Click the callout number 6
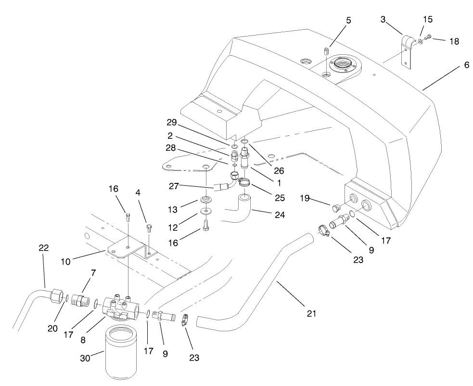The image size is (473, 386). tap(466, 65)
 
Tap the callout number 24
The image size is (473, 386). tap(280, 215)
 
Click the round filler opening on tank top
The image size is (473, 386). tap(342, 64)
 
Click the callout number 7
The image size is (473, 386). tap(93, 273)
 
